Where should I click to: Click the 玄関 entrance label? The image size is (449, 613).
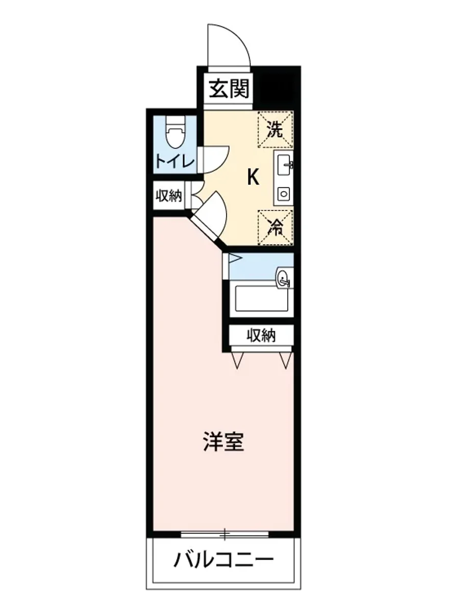point(229,89)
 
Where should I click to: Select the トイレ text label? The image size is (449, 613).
point(175,162)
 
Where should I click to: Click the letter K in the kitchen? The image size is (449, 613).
point(253,177)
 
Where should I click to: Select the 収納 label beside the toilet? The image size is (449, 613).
point(168,196)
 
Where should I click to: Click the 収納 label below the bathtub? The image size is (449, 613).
point(261,335)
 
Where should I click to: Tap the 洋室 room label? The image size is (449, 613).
point(223,442)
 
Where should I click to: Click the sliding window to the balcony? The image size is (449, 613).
point(224,535)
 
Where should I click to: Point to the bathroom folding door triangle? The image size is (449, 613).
point(235,258)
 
